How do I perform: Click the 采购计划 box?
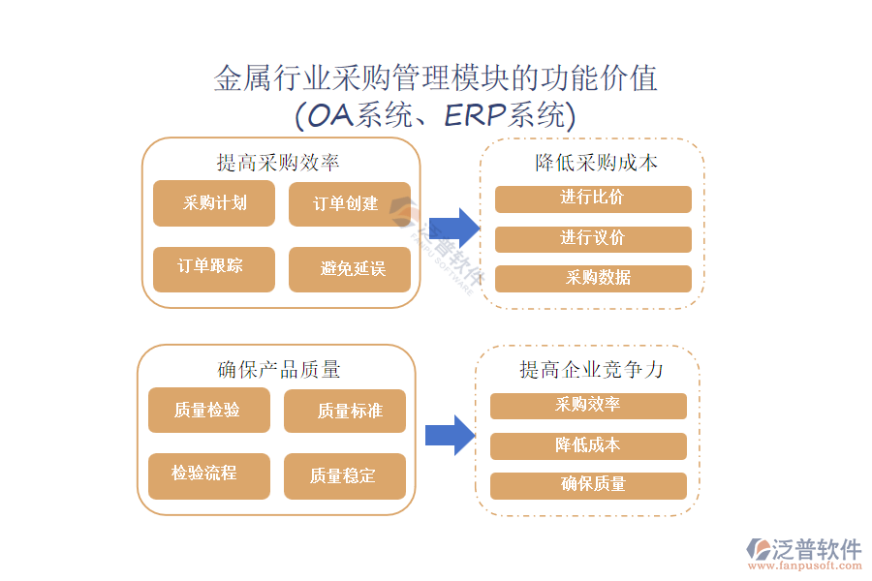tap(214, 203)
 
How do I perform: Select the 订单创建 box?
tap(349, 204)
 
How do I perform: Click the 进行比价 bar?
tap(593, 199)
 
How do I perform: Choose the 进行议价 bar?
tap(593, 239)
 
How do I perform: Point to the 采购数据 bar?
tap(593, 279)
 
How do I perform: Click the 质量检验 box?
tap(208, 411)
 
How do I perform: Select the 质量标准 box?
tap(345, 412)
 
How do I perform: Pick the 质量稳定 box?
tap(345, 475)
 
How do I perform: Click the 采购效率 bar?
tap(588, 406)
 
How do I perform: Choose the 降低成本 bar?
tap(588, 445)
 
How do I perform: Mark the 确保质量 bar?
tap(588, 485)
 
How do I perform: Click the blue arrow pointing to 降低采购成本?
tap(455, 227)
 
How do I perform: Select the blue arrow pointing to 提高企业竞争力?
tap(451, 435)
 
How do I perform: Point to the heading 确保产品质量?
tap(279, 370)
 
